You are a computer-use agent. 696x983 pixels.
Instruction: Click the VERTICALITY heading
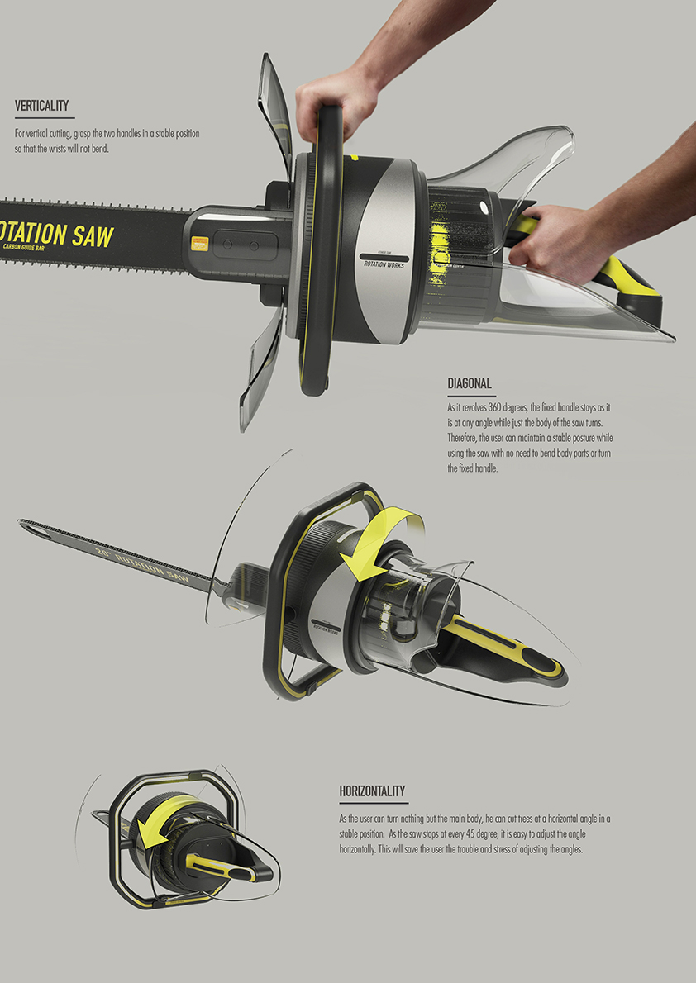(x=41, y=106)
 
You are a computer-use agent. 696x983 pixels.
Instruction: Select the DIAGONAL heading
(x=470, y=383)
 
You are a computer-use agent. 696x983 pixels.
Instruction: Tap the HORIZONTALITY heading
(x=372, y=791)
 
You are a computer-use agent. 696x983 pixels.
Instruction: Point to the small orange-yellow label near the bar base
(x=198, y=244)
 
